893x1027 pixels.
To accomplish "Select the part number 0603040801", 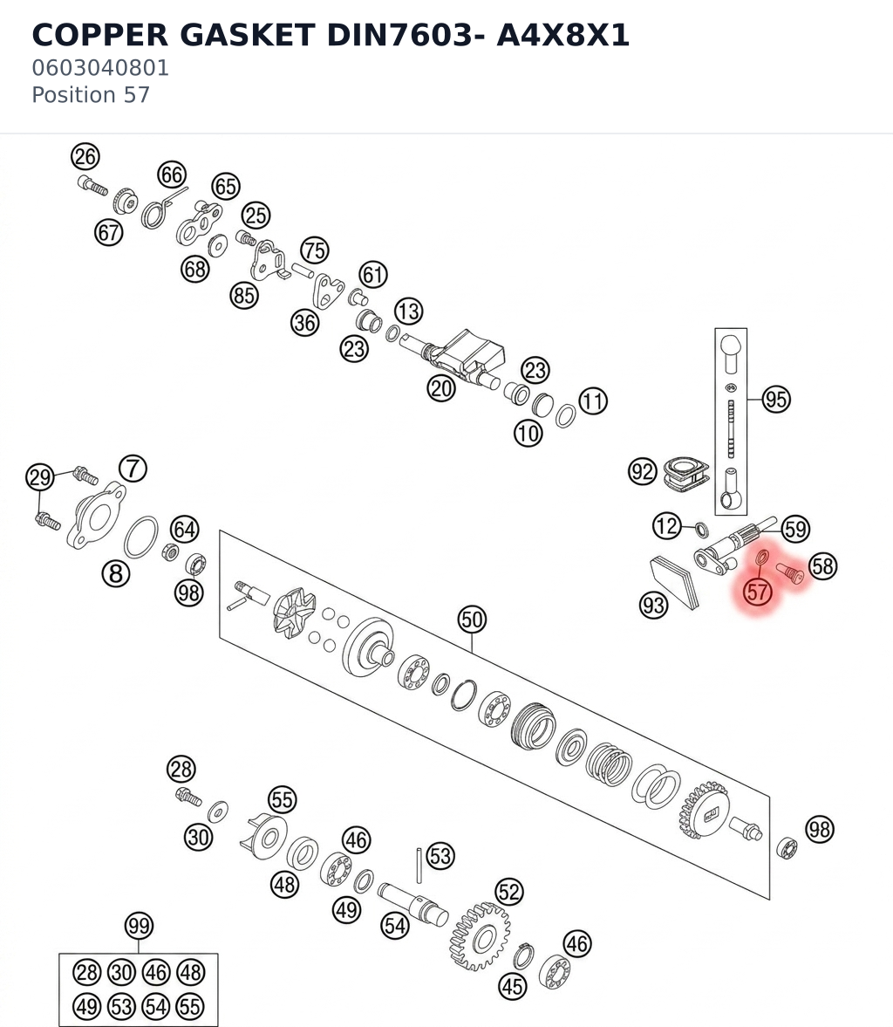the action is [x=100, y=67].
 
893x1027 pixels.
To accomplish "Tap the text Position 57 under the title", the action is [x=91, y=95].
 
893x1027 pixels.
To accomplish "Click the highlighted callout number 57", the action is [x=758, y=592].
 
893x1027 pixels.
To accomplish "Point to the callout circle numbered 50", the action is [x=472, y=619].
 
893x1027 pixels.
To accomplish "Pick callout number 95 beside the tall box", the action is [x=776, y=399].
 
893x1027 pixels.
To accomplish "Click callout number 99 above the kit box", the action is [x=139, y=926].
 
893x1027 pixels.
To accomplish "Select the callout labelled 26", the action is [x=85, y=156].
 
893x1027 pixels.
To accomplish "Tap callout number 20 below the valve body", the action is [x=441, y=388].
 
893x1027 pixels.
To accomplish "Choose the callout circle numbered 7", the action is [x=133, y=469].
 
